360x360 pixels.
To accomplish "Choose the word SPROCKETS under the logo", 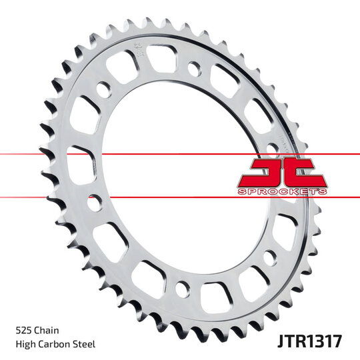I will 282,191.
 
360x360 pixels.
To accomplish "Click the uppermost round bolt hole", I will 193,68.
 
